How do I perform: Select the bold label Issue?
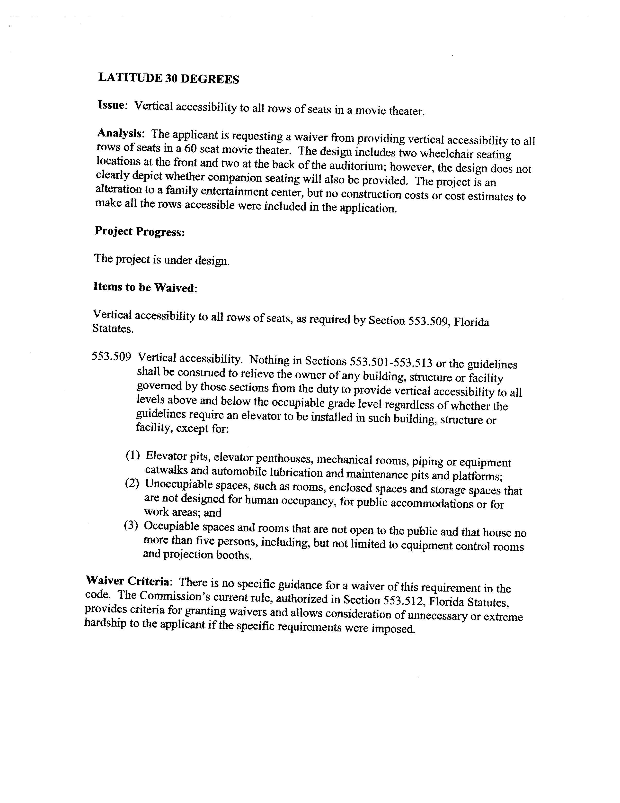[x=112, y=105]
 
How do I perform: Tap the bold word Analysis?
[x=119, y=133]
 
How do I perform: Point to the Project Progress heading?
[x=140, y=232]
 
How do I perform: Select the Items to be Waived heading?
[x=144, y=287]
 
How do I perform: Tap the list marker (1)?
[x=133, y=456]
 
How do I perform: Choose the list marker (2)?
[x=132, y=484]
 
